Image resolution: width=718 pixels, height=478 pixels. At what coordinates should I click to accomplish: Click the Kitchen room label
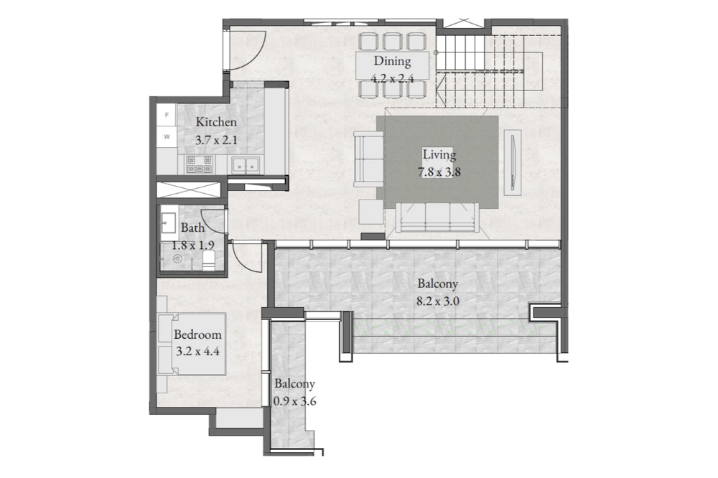pos(216,122)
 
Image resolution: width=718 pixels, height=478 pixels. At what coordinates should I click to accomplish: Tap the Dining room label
pos(393,61)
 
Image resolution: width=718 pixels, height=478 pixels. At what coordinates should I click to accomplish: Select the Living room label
pos(439,155)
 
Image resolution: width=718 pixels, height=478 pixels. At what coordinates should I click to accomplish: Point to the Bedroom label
pos(197,334)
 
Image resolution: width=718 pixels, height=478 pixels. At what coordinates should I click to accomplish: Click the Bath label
pos(192,228)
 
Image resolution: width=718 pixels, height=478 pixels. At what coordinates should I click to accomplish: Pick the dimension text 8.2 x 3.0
pos(438,301)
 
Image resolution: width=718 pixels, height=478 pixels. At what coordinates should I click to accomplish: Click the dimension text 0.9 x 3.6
pos(294,402)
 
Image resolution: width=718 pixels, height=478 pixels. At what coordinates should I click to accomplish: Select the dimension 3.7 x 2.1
pos(216,140)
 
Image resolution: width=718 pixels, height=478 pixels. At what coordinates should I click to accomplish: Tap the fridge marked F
pos(167,115)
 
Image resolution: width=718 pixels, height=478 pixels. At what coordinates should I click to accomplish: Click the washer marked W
pos(167,136)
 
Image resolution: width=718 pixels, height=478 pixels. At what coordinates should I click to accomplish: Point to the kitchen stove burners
pos(199,164)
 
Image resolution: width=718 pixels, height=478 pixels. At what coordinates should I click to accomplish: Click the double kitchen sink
pos(246,164)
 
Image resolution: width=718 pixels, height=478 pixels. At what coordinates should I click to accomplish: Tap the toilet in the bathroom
pos(209,261)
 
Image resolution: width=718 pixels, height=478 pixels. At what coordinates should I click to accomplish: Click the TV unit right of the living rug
pos(511,162)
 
